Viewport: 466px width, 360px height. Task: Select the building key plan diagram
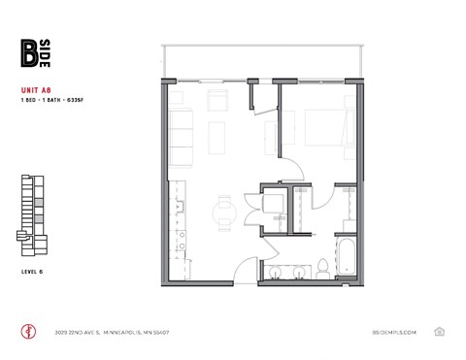(x=34, y=210)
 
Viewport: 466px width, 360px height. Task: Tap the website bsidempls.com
(x=394, y=331)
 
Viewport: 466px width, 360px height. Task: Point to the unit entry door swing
(x=250, y=267)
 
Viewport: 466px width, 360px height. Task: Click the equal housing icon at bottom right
(x=439, y=331)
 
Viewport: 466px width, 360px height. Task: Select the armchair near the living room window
(x=216, y=97)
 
